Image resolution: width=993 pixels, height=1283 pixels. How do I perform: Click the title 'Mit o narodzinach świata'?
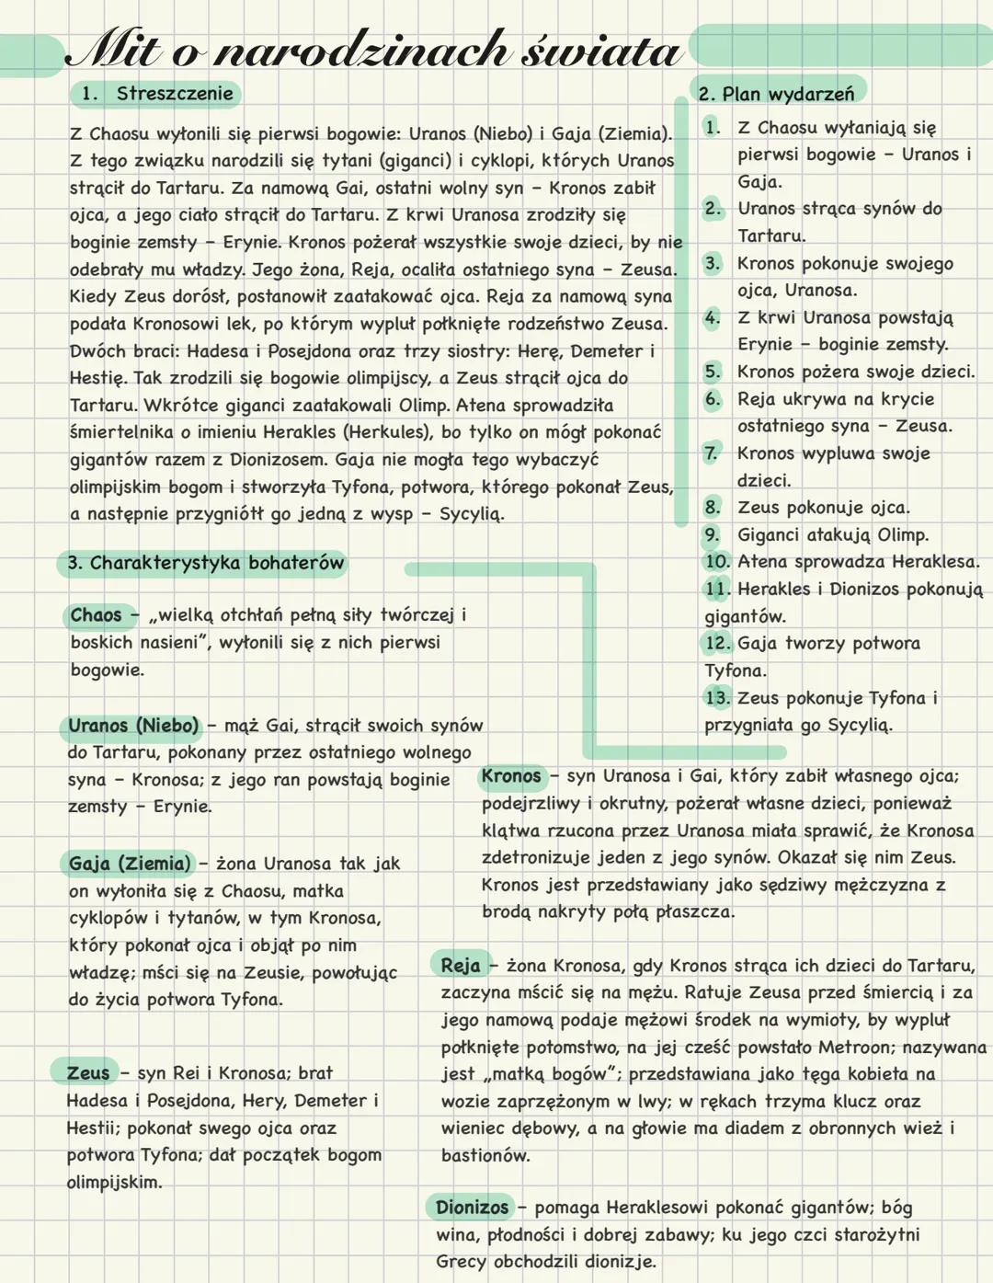pyautogui.click(x=372, y=50)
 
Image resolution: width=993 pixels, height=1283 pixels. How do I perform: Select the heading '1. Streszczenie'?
pyautogui.click(x=155, y=93)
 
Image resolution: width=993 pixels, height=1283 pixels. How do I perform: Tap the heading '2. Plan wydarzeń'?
pyautogui.click(x=776, y=94)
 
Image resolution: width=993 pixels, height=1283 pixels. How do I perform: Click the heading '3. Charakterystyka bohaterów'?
pyautogui.click(x=205, y=563)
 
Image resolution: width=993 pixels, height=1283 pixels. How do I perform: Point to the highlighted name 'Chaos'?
pyautogui.click(x=96, y=615)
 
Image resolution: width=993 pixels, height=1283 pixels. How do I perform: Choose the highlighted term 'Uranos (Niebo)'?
pyautogui.click(x=133, y=726)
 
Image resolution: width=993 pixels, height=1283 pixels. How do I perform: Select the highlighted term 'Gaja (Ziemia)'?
pyautogui.click(x=130, y=864)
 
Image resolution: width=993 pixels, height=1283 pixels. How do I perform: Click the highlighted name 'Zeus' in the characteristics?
pyautogui.click(x=88, y=1072)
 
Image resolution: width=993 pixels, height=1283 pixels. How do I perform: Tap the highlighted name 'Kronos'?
pyautogui.click(x=511, y=776)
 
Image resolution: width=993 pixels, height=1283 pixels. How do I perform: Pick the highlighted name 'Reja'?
pyautogui.click(x=461, y=966)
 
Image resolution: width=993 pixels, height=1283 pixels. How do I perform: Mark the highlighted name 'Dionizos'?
pyautogui.click(x=472, y=1208)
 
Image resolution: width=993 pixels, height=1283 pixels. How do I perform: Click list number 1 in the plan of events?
pyautogui.click(x=712, y=127)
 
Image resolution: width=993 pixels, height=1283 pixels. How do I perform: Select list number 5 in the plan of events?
pyautogui.click(x=713, y=372)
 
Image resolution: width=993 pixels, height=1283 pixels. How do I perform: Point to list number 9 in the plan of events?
pyautogui.click(x=713, y=535)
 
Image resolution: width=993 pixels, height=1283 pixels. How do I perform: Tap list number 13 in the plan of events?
pyautogui.click(x=717, y=698)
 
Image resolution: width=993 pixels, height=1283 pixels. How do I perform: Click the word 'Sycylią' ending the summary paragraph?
pyautogui.click(x=471, y=514)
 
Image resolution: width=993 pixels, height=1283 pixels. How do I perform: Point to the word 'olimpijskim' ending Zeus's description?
pyautogui.click(x=113, y=1183)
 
